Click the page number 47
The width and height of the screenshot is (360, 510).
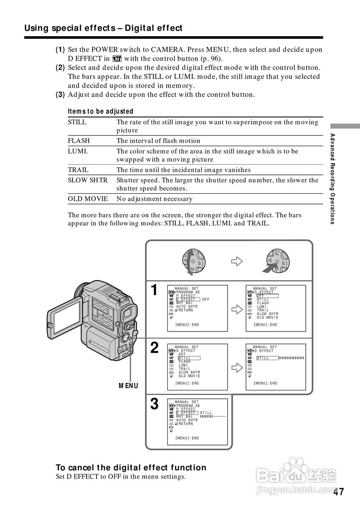click(x=338, y=492)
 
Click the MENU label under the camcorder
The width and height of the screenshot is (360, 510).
click(x=128, y=386)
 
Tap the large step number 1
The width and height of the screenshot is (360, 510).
click(x=154, y=290)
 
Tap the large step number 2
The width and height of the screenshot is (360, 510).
click(x=154, y=348)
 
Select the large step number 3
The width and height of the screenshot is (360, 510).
click(x=154, y=404)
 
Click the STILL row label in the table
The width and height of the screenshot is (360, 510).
click(x=77, y=122)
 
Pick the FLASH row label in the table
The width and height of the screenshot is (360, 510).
click(x=79, y=141)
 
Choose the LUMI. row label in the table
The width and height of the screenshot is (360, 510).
click(x=78, y=151)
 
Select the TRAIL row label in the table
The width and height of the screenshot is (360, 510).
click(x=78, y=170)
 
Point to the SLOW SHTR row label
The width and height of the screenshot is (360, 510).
click(x=88, y=180)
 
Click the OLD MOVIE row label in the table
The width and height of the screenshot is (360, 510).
click(x=88, y=199)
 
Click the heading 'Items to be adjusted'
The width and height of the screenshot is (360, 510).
click(x=100, y=112)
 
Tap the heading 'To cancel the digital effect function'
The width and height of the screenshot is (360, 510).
click(x=131, y=467)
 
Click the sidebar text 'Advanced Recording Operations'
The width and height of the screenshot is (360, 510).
click(x=332, y=179)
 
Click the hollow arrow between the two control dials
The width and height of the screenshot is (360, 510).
click(x=237, y=261)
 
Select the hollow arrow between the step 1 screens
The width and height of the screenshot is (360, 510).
click(x=237, y=309)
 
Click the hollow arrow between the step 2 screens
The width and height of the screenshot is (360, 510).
click(x=237, y=367)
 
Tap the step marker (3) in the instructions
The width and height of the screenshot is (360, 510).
click(x=60, y=95)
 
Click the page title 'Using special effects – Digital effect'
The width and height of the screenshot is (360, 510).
click(x=103, y=28)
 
